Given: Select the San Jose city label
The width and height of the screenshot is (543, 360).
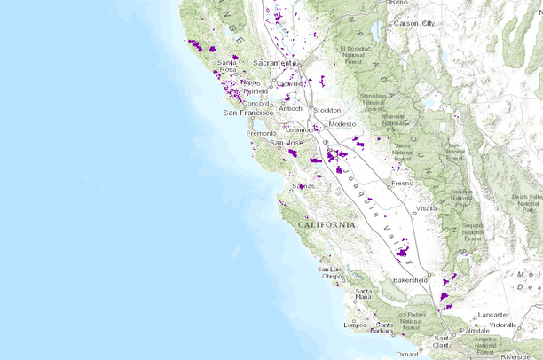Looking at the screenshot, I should click(287, 143).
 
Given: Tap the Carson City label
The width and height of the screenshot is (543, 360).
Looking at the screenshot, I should click(413, 22).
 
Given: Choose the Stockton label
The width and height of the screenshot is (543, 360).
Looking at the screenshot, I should click(327, 110).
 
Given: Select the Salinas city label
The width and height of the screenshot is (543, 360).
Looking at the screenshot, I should click(303, 186).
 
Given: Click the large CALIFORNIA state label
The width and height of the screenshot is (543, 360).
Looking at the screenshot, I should click(327, 225).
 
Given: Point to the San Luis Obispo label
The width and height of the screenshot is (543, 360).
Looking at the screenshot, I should click(330, 272).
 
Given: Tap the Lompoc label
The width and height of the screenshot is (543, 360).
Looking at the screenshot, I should click(355, 325).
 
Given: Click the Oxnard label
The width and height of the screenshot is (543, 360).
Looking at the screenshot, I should click(408, 355).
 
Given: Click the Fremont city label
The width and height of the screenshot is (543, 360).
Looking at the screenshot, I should click(261, 133).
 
